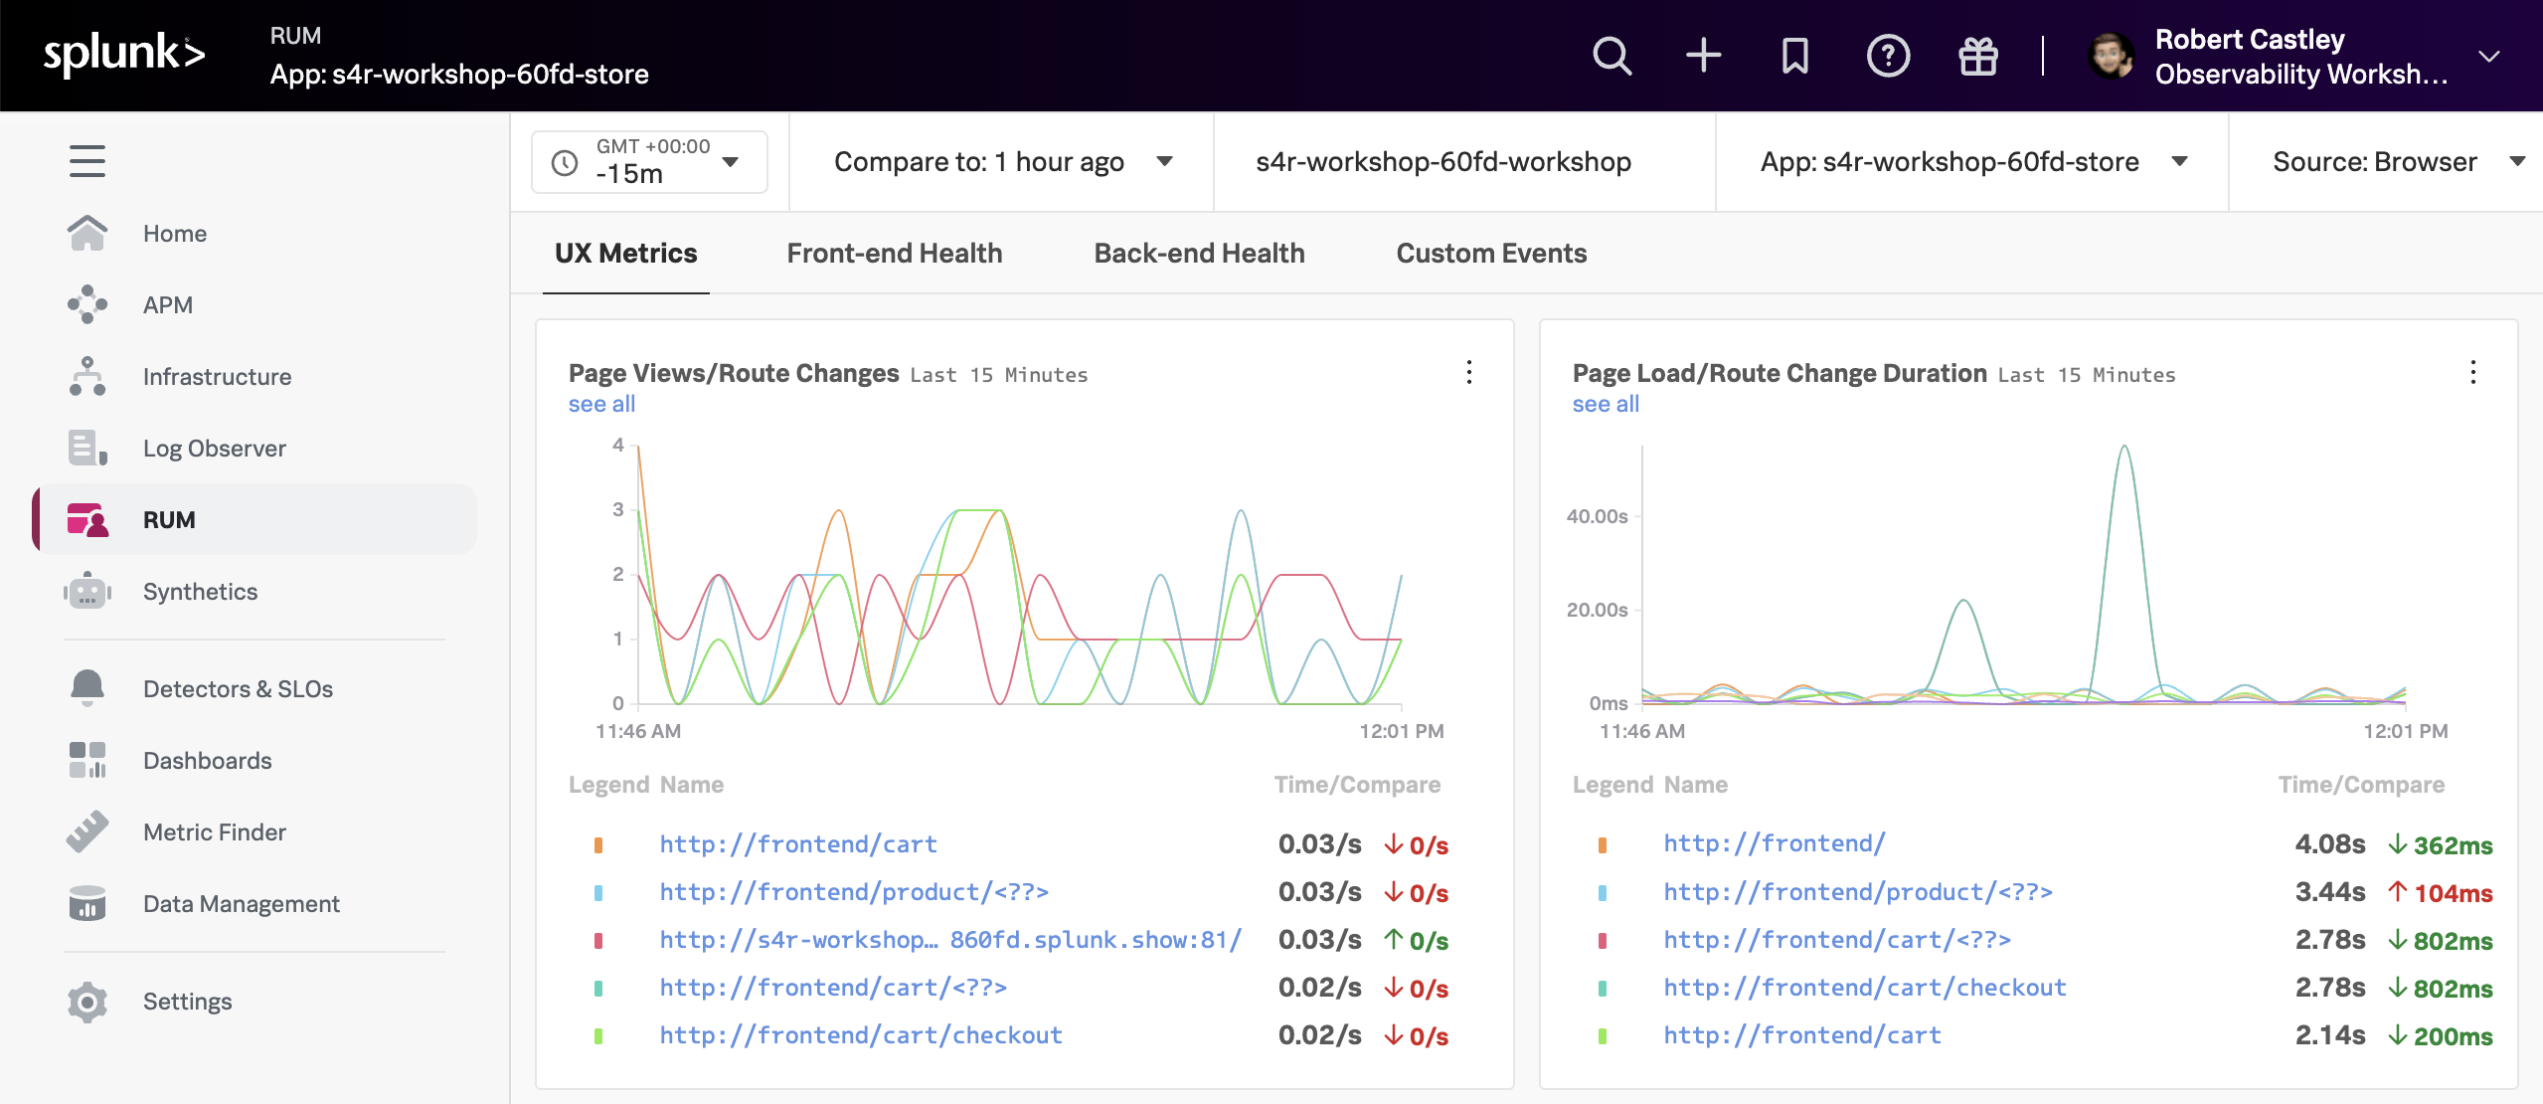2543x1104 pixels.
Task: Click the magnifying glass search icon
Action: click(1611, 56)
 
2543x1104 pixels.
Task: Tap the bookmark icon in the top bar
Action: click(1794, 56)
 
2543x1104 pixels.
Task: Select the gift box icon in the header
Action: click(1977, 56)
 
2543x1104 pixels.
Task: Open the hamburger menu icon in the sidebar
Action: click(87, 161)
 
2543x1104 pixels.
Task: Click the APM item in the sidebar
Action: click(167, 305)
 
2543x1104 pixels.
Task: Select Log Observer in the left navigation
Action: click(214, 449)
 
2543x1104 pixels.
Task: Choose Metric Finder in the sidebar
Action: click(214, 832)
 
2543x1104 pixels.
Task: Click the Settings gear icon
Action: click(87, 1002)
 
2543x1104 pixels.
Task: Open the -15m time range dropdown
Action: click(649, 162)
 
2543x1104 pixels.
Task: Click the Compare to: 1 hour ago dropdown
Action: click(1001, 162)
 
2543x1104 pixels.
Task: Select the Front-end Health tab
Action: click(894, 254)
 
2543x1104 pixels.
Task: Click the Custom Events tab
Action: click(1490, 254)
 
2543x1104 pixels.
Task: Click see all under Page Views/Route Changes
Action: click(601, 404)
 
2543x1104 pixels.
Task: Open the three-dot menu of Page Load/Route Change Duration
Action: click(2472, 373)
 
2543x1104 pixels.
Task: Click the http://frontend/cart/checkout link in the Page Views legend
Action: click(861, 1035)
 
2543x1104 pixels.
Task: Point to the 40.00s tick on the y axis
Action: click(1597, 516)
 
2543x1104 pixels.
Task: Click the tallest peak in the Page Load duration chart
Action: click(2124, 448)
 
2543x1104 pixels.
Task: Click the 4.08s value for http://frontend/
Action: click(2329, 844)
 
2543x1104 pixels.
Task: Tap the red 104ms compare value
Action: click(2453, 893)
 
